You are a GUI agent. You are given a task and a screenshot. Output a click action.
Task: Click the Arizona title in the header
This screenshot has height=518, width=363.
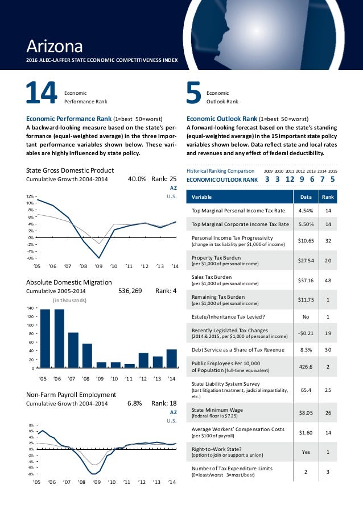[x=55, y=45]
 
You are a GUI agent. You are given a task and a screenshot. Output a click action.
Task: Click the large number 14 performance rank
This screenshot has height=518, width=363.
[x=41, y=95]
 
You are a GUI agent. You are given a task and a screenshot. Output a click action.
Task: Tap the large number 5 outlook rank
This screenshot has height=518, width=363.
[x=193, y=95]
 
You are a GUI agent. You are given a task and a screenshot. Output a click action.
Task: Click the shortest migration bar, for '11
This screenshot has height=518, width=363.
[x=129, y=366]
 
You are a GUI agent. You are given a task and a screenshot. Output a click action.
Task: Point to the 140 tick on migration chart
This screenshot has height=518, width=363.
[x=30, y=307]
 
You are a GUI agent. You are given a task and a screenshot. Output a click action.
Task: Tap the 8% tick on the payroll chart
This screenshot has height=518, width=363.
[x=31, y=425]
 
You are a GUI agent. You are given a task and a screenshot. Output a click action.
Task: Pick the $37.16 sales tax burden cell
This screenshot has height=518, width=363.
[x=301, y=279]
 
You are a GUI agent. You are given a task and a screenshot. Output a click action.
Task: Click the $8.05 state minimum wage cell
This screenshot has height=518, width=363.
[x=301, y=412]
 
